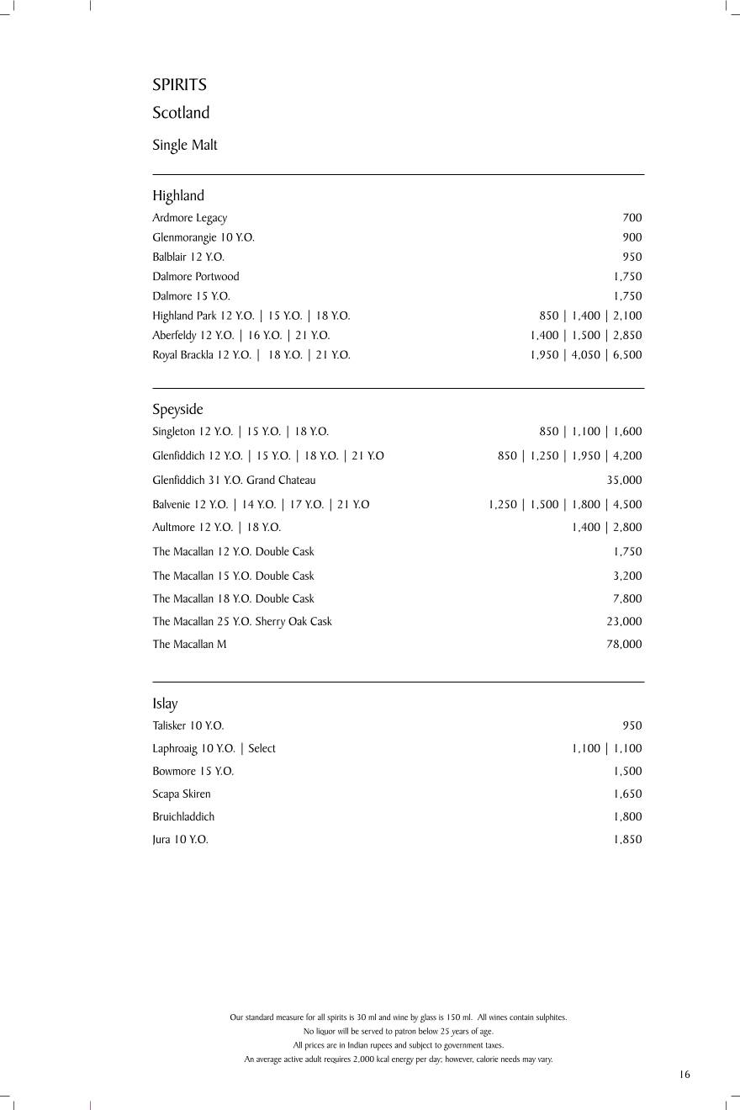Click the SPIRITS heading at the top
pos(179,85)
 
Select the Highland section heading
pos(178,195)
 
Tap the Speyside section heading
pos(177,410)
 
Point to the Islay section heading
pos(165,704)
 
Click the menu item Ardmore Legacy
pos(189,218)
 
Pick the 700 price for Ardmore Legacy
pos(632,218)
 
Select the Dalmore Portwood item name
pos(195,276)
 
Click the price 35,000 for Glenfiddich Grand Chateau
pos(624,481)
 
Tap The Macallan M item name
pos(189,645)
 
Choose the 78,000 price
pos(624,645)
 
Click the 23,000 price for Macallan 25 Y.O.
pos(624,622)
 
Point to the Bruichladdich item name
pos(183,816)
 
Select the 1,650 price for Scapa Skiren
pos(627,794)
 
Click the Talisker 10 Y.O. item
pos(188,725)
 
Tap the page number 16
pos(684,1075)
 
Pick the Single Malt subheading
pos(185,145)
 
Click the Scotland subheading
pos(181,113)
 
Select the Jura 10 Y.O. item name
pos(180,840)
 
